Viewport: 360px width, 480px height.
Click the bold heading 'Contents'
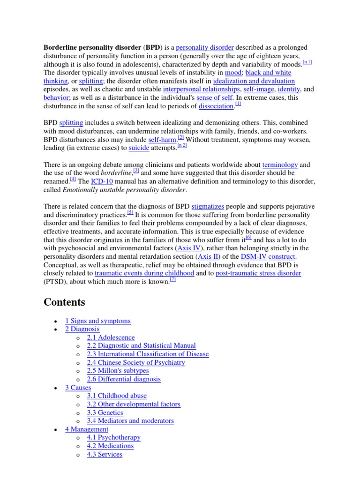click(x=64, y=302)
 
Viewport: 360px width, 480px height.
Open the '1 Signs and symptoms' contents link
click(x=97, y=321)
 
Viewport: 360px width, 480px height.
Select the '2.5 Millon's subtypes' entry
click(x=118, y=371)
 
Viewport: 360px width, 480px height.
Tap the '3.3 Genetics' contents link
click(x=105, y=412)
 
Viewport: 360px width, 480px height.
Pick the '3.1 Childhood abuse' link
click(x=117, y=396)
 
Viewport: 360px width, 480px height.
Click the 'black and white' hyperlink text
click(x=268, y=73)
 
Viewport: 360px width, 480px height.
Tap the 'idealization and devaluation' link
click(x=254, y=81)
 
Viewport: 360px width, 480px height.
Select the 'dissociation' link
click(x=216, y=106)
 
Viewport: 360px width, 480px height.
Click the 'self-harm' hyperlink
click(x=162, y=140)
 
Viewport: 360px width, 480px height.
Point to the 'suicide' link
click(x=139, y=148)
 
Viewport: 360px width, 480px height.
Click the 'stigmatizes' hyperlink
click(x=208, y=206)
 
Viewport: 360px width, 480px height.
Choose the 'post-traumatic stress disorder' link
click(x=258, y=273)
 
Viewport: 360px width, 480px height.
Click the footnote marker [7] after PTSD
click(x=172, y=280)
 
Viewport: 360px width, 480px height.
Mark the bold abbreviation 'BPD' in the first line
click(x=153, y=48)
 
